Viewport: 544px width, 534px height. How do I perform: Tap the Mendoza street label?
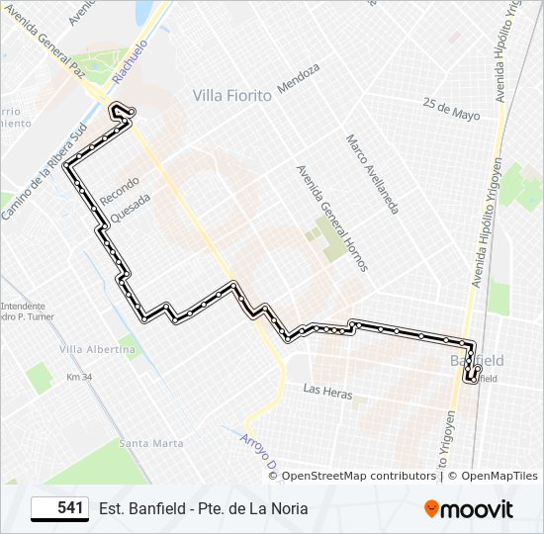pos(299,78)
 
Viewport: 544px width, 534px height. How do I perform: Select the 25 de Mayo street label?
pos(450,109)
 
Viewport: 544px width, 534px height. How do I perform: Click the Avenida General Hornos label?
pos(331,218)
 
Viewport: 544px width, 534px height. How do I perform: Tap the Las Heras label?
pos(327,394)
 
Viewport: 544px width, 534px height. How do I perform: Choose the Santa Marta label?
pos(150,443)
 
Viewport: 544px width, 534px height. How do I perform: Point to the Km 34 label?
pos(79,378)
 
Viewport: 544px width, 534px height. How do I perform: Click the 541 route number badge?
pos(59,508)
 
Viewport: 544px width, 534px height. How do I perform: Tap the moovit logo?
pos(469,509)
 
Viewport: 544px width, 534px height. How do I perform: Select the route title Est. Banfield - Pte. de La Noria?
pos(203,508)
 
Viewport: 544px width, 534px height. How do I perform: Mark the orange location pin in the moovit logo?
pos(431,509)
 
